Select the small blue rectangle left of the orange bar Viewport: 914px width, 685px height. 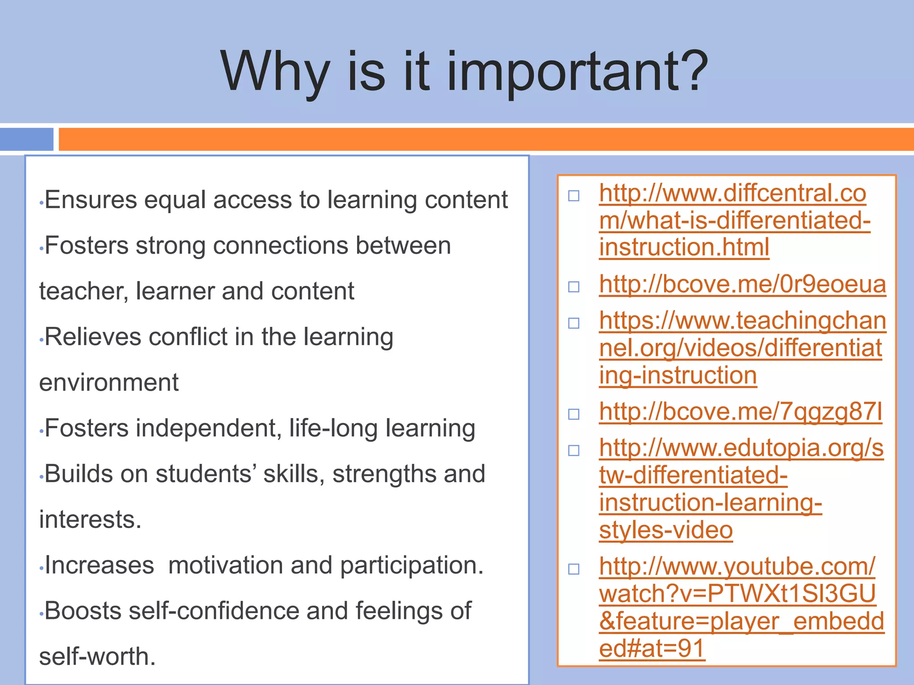click(27, 139)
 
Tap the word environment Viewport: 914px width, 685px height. click(108, 383)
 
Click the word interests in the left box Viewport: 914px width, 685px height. click(90, 520)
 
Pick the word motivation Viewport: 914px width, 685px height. click(226, 565)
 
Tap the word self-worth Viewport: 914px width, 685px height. click(97, 656)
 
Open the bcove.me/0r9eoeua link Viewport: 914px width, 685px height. click(742, 285)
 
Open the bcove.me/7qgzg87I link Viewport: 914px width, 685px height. click(740, 412)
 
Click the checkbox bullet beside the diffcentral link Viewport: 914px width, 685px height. click(574, 196)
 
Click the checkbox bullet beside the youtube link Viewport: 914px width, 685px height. click(574, 569)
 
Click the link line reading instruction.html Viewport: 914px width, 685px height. click(684, 247)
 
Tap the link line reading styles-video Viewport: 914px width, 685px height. click(665, 530)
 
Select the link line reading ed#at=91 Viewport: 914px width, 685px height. click(652, 648)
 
